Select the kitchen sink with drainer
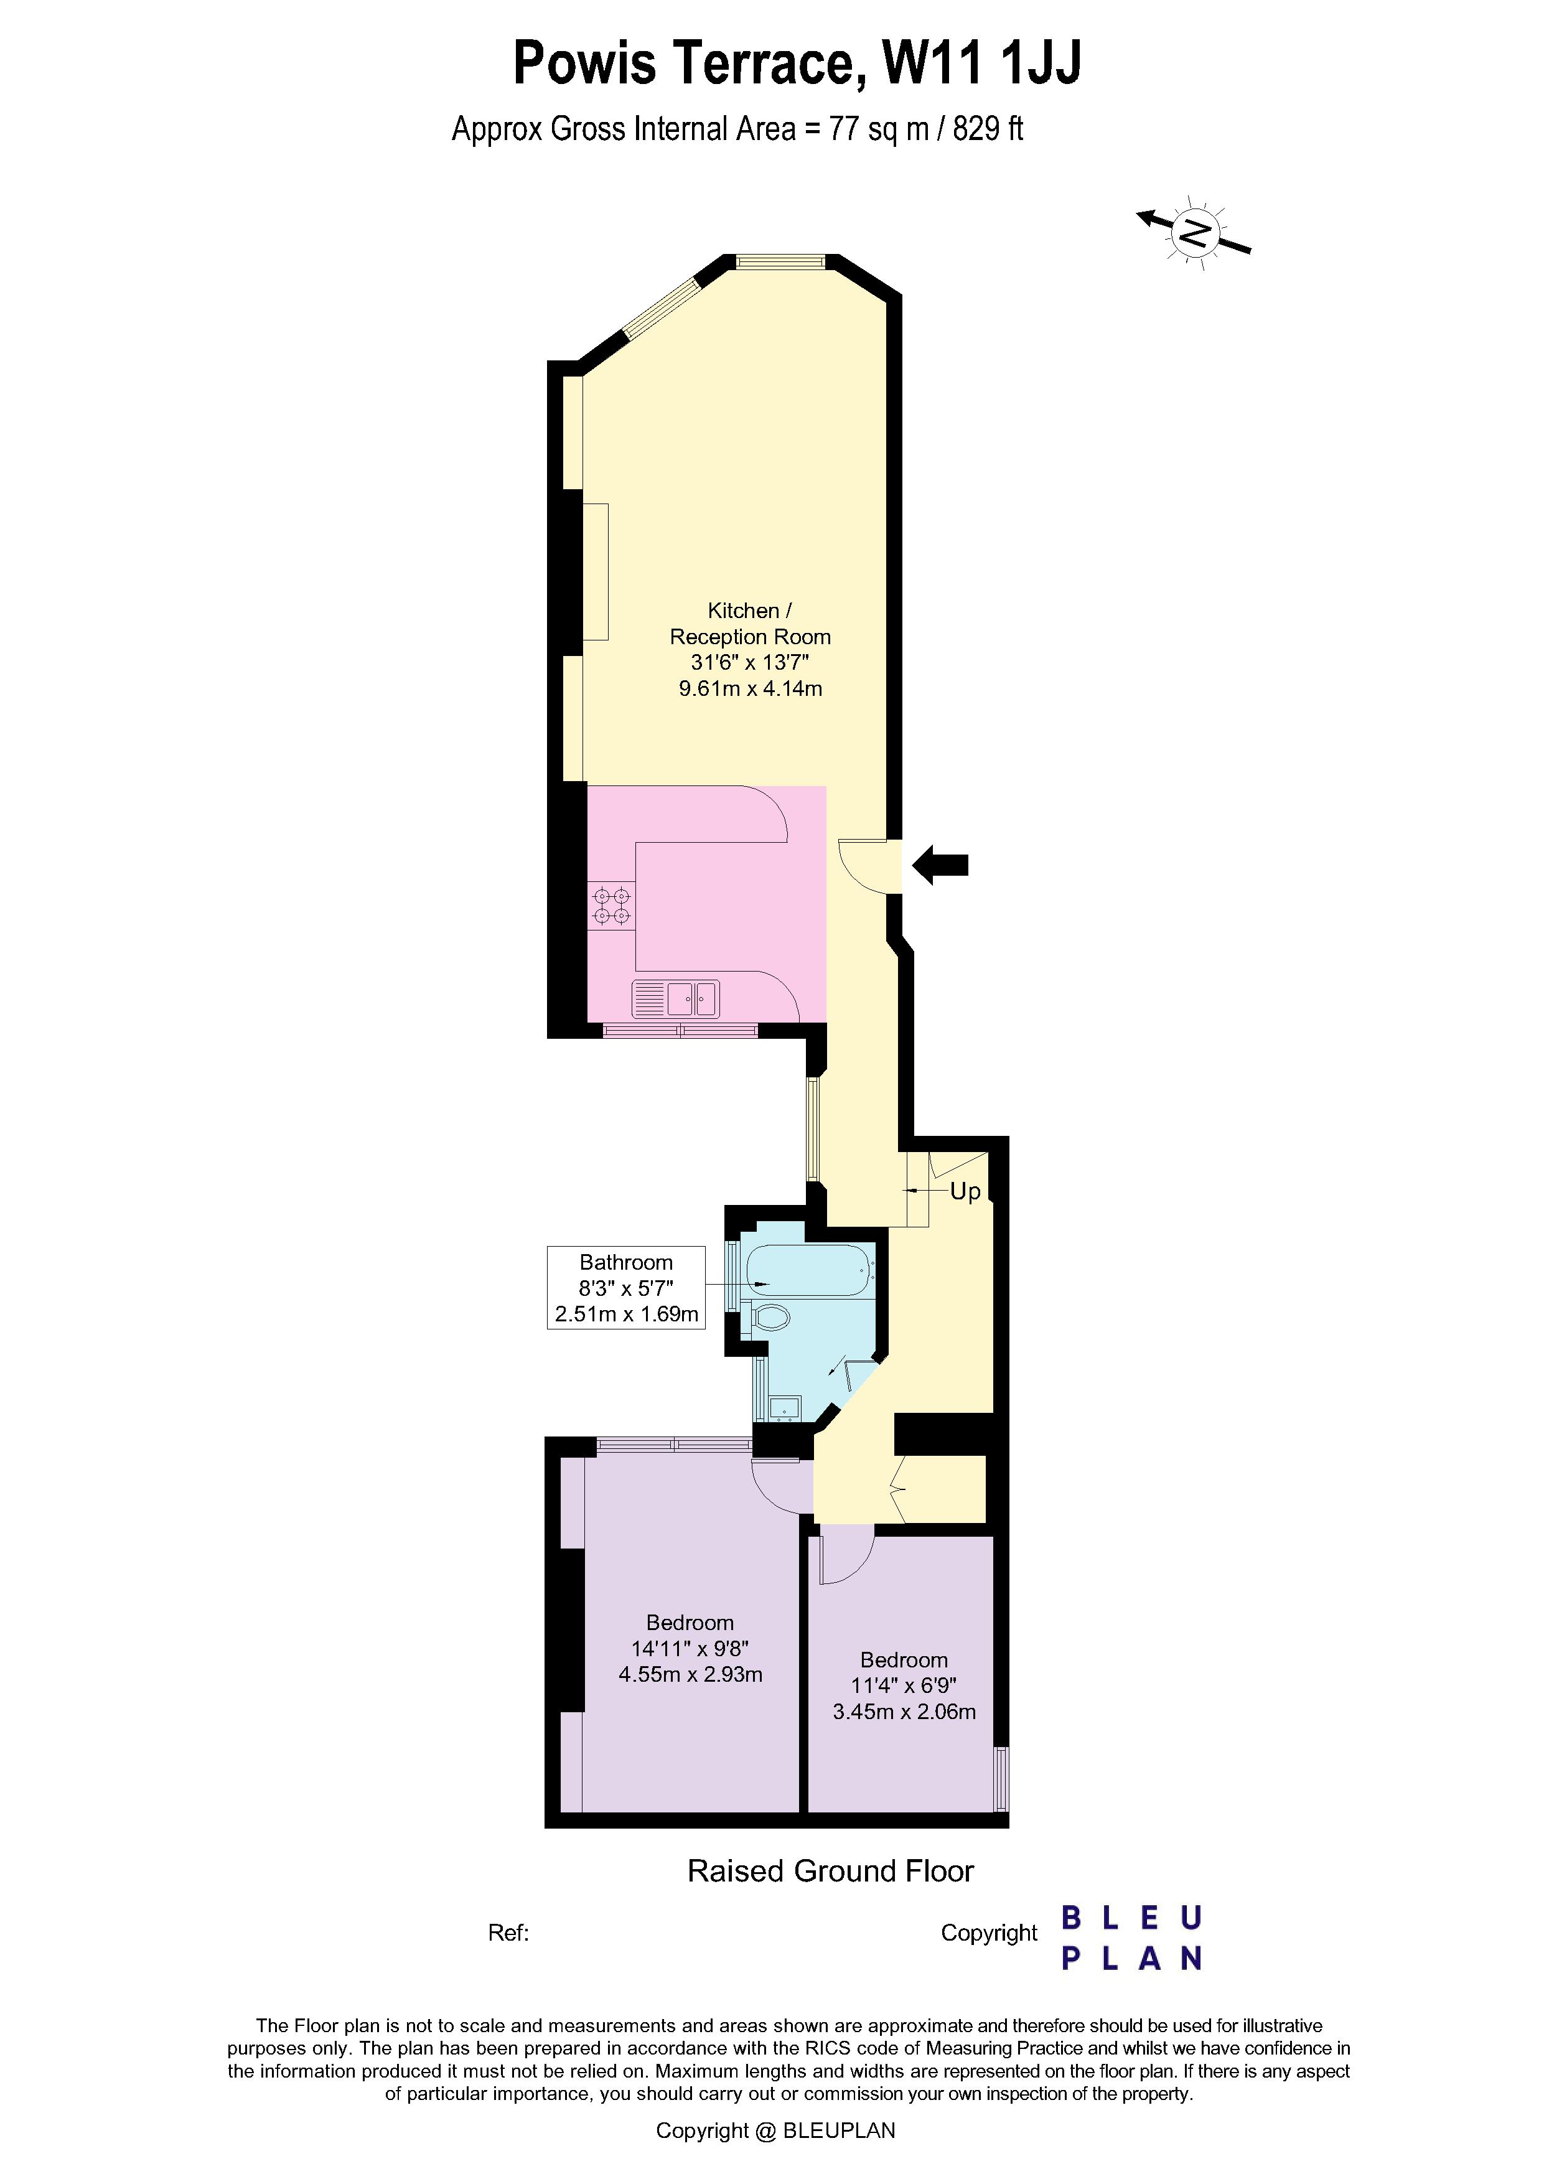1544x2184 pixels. click(x=676, y=999)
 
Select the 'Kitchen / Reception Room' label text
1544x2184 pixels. click(x=750, y=624)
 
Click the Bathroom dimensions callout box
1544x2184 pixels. click(x=626, y=1288)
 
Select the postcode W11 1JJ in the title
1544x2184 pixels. click(x=982, y=63)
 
